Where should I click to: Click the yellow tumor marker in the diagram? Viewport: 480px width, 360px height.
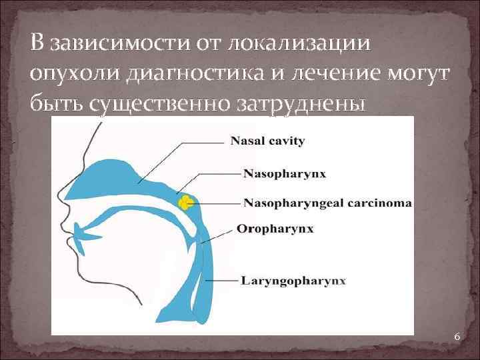pos(185,201)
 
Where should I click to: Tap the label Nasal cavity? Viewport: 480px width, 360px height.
pos(267,141)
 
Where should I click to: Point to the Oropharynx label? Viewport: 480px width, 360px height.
pos(265,229)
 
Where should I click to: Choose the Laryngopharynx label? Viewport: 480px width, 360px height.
pos(294,281)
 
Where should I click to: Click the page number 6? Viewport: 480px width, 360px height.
pos(457,337)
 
